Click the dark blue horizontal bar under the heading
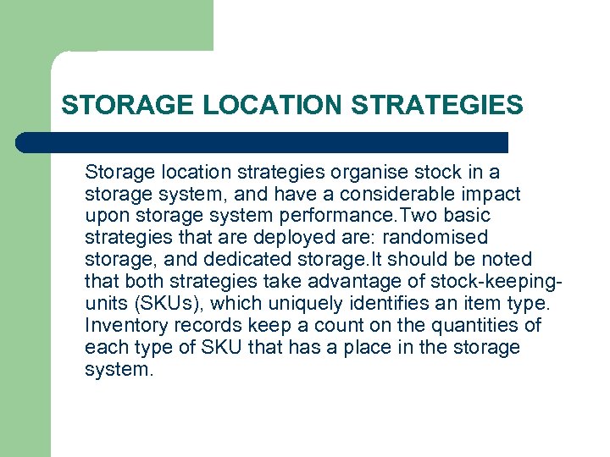(x=263, y=142)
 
